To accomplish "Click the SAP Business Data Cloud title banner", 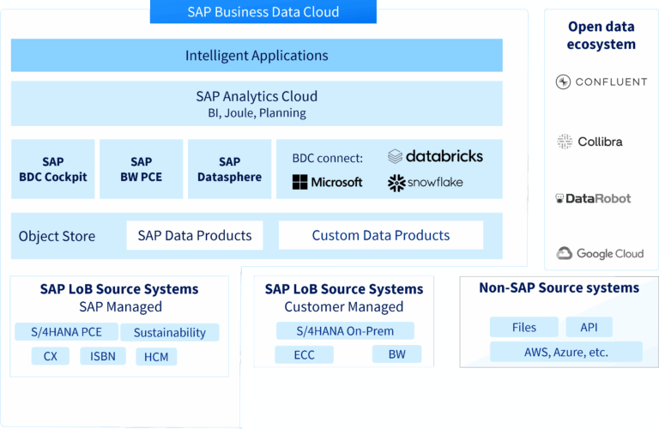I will coord(263,12).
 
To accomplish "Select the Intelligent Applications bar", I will coord(257,56).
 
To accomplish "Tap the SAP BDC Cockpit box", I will coord(52,169).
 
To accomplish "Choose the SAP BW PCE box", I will coord(141,169).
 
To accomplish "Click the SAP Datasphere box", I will coord(229,169).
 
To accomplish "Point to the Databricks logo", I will coord(435,156).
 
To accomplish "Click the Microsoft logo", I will coord(327,182).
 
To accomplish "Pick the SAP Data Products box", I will coord(195,235).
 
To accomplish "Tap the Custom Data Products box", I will coord(380,235).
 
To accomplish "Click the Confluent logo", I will coord(601,82).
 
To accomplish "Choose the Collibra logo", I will coord(589,142).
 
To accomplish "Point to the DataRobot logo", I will coord(592,198).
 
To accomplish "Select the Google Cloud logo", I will coord(600,253).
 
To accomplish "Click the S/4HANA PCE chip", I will coord(66,332).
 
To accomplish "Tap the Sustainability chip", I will coord(169,332).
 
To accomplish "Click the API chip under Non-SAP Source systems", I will coord(588,327).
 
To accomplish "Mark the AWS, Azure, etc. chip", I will coord(565,351).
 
